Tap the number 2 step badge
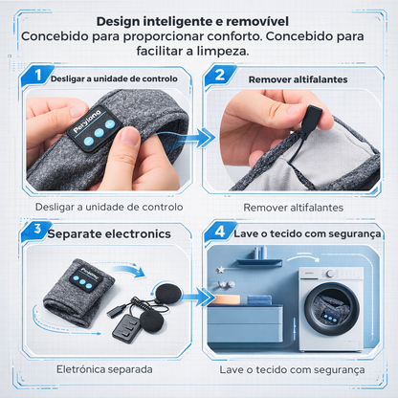pyautogui.click(x=219, y=75)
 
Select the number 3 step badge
pyautogui.click(x=34, y=231)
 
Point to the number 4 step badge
pyautogui.click(x=219, y=231)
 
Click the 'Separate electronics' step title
pyautogui.click(x=110, y=232)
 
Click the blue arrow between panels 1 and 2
pyautogui.click(x=198, y=139)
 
